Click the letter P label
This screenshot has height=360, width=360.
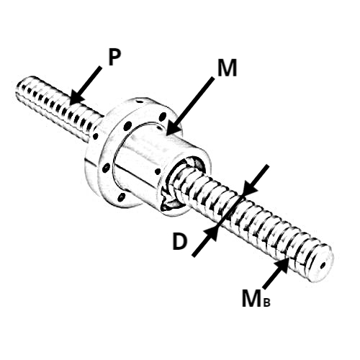[x=114, y=58]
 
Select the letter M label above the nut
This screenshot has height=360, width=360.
[x=227, y=68]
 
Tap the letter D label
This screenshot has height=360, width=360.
[x=179, y=241]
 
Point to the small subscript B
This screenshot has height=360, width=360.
[x=266, y=302]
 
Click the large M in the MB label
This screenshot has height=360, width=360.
[x=252, y=299]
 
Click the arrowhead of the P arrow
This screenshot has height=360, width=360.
[x=76, y=98]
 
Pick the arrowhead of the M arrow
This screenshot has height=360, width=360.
[x=172, y=127]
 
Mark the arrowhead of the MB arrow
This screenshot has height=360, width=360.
[x=282, y=264]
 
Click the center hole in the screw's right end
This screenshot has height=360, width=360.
[x=323, y=265]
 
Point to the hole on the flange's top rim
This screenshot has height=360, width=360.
[x=140, y=102]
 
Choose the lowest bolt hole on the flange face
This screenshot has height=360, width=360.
[x=122, y=197]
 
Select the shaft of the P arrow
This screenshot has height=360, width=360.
[x=91, y=78]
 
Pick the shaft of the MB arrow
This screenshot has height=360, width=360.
[x=272, y=279]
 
